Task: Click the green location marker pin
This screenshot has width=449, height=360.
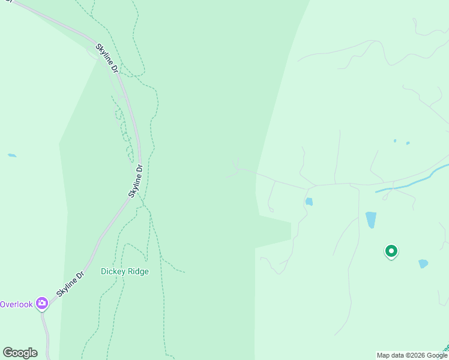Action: point(391,251)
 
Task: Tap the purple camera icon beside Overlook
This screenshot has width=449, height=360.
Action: point(42,303)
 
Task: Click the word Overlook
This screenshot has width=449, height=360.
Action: point(16,304)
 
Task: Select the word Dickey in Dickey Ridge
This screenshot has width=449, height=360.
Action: point(112,271)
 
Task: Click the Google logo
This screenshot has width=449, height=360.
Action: point(20,353)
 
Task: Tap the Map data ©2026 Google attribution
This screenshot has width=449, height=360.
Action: point(412,355)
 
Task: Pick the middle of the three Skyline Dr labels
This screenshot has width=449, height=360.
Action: point(136,181)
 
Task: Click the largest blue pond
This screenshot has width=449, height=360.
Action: point(371,220)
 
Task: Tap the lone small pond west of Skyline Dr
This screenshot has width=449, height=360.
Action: point(12,155)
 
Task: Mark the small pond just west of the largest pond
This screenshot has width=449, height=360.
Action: point(309,202)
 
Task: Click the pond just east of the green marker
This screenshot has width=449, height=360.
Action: point(423,263)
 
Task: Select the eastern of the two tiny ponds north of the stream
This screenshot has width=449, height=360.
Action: point(408,143)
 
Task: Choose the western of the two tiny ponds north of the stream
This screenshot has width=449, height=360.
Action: point(394,141)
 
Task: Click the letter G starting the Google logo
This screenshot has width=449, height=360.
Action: point(8,353)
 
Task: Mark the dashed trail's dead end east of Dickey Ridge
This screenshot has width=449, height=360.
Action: point(184,272)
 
